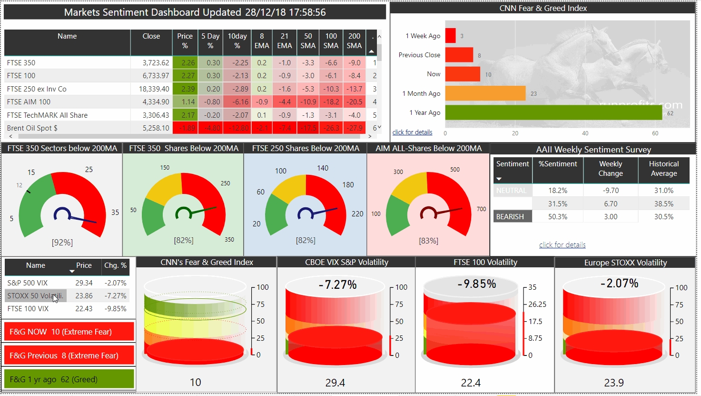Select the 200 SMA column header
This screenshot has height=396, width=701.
click(x=354, y=41)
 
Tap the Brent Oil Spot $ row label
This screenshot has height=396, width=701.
click(x=32, y=128)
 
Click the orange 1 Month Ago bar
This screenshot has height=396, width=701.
click(x=485, y=93)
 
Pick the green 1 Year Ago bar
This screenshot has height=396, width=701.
click(x=553, y=112)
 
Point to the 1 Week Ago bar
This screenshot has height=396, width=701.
click(x=450, y=36)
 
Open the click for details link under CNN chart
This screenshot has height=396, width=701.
click(x=412, y=132)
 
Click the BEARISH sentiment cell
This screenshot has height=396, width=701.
click(x=510, y=217)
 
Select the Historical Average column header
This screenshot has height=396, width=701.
click(x=664, y=169)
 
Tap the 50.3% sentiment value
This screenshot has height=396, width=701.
click(x=558, y=217)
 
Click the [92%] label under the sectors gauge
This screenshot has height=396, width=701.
click(x=62, y=243)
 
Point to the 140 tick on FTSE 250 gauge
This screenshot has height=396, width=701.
click(x=323, y=168)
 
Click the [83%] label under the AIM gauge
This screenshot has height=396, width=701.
click(x=428, y=241)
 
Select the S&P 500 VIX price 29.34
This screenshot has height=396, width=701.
click(x=84, y=283)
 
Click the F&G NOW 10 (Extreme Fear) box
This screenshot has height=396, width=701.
click(x=69, y=332)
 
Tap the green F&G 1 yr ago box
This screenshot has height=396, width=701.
click(x=69, y=379)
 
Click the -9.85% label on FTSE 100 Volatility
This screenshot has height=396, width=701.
click(x=477, y=284)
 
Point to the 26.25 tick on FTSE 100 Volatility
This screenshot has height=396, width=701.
click(x=537, y=305)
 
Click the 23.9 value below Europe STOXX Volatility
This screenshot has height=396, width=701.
click(x=614, y=383)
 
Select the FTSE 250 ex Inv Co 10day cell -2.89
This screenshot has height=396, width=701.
click(x=237, y=89)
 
